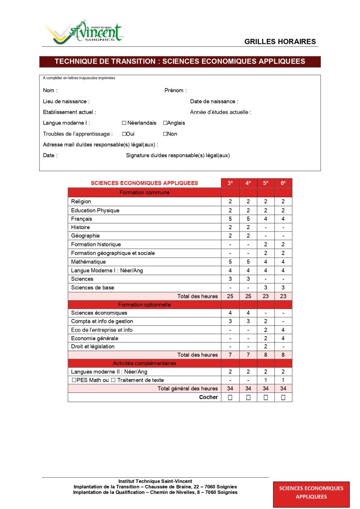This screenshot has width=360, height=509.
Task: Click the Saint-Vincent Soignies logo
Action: pos(84,32)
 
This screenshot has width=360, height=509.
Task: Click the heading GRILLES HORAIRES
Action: pos(280,41)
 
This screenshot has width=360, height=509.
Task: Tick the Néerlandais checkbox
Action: pos(124,123)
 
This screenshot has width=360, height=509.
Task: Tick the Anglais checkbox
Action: pos(165,123)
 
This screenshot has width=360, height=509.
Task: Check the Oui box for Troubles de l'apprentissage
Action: pos(124,134)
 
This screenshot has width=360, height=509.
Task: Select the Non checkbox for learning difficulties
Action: pos(165,134)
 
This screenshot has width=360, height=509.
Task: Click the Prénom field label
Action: pos(175,91)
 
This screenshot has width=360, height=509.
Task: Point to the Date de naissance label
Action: pos(214,101)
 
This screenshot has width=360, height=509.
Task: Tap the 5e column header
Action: pos(266,183)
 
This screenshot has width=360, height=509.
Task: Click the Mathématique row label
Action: pos(88,262)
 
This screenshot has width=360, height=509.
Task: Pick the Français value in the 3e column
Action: pos(230,219)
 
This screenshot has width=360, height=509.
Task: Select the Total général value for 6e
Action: pos(283,389)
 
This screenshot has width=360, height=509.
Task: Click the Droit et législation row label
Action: pos(93,347)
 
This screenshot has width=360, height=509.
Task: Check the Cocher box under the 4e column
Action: pos(248,397)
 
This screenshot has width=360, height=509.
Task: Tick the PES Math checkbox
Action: pos(74,380)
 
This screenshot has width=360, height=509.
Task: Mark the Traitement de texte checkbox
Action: pos(113,380)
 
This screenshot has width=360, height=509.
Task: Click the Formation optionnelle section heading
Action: pos(144,305)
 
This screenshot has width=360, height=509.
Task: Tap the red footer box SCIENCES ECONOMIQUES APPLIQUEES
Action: pos(311,492)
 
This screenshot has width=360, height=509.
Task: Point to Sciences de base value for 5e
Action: pos(266,287)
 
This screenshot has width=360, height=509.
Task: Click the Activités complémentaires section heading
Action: pos(144,363)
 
